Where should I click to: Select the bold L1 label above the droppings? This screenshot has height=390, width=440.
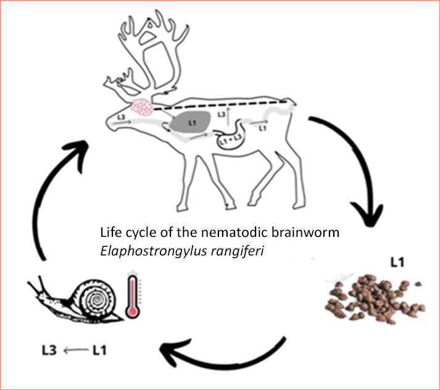[x=397, y=262]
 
